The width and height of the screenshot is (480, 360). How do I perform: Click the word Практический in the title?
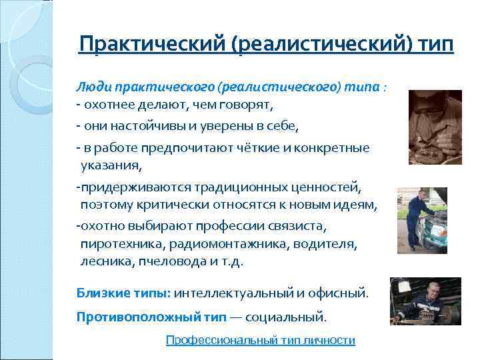point(153,45)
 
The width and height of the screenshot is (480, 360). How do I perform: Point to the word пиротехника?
point(117,245)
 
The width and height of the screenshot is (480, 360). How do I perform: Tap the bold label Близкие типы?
point(123,293)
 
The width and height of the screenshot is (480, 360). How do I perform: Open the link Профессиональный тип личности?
point(260,340)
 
